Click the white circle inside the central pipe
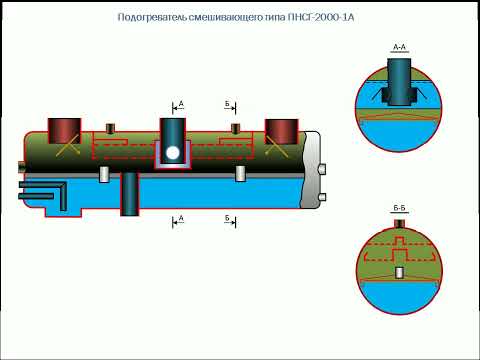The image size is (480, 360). tap(173, 154)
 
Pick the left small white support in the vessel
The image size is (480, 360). tap(104, 174)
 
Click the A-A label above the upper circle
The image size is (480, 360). tap(399, 46)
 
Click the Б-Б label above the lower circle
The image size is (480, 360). tap(399, 208)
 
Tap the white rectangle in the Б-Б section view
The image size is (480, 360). tap(399, 272)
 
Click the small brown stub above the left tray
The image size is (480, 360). tap(109, 127)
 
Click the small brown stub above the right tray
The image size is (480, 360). tap(234, 127)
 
